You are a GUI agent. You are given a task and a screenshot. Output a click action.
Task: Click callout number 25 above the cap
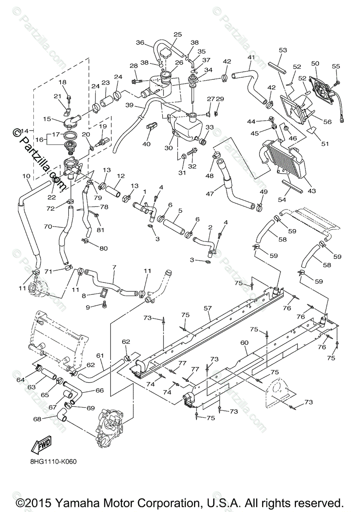pos(178,34)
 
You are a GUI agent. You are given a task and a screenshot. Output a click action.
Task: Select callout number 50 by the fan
pos(315,64)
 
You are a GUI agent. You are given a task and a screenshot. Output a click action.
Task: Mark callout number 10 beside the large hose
pos(26,176)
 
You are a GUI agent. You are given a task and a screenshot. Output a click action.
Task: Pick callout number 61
pos(100,355)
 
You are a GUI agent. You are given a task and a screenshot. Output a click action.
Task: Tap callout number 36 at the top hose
pos(140,43)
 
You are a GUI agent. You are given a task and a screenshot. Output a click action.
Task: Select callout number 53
pos(283,50)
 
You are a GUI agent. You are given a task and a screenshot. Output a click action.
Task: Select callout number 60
pos(244,343)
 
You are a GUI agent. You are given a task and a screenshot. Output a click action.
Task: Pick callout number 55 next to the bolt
pos(336,67)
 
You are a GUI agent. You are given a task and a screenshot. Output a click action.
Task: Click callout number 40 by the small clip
pos(146,144)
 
